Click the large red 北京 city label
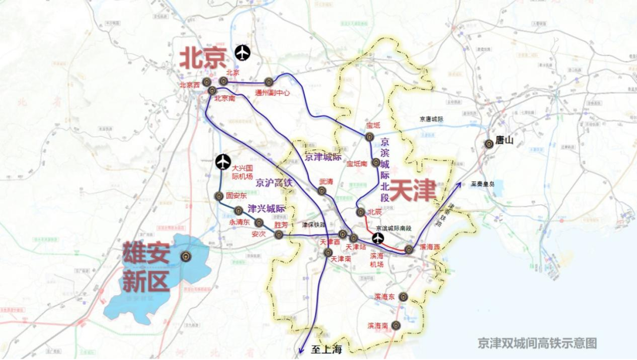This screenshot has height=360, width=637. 203,58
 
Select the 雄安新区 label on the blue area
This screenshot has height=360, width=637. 146,267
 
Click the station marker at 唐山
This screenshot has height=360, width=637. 488,143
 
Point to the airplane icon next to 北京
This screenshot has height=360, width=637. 242,53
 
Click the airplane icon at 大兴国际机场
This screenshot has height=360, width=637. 222,161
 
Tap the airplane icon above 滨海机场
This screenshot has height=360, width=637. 377,239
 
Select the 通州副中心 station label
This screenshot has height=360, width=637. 272,93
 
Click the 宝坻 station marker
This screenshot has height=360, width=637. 369,137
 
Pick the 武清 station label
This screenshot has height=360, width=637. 326,181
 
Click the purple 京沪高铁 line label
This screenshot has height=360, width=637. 274,184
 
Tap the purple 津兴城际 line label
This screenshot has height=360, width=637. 266,208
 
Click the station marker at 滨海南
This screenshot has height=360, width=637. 396,325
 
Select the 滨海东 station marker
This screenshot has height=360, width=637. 403,297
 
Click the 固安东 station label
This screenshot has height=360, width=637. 237,195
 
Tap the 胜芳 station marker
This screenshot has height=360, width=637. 278,235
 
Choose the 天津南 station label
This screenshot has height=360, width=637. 341,259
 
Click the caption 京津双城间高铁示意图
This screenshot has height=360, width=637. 537,343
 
